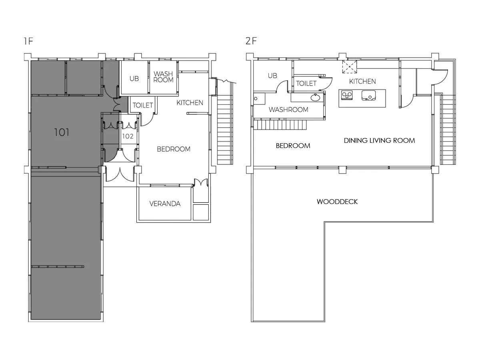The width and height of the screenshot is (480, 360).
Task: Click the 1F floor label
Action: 28,41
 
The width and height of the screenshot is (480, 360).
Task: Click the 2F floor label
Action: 251,41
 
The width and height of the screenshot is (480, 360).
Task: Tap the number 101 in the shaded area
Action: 62,132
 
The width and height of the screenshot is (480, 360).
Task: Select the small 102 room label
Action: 128,136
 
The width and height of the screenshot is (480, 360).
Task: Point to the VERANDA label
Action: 165,204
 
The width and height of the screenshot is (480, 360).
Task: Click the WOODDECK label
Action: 337,202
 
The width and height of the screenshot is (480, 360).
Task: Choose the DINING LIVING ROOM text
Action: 379,140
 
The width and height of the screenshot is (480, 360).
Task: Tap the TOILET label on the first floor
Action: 142,105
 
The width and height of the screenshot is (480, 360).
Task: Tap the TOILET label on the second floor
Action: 306,83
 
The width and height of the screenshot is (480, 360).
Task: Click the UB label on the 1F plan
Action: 134,78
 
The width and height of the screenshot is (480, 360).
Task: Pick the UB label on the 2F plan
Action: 272,76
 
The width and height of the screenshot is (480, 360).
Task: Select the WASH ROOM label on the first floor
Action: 163,77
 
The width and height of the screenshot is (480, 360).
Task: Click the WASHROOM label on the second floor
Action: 288,110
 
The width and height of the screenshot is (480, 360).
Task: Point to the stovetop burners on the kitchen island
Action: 347,95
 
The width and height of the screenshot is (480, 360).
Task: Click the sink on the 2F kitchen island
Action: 368,96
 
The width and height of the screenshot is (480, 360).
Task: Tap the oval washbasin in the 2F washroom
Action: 315,98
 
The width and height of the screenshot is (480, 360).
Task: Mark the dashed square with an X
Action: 350,67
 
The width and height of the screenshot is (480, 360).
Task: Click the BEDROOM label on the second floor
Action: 293,146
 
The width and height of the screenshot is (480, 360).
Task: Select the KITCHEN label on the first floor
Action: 190,102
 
